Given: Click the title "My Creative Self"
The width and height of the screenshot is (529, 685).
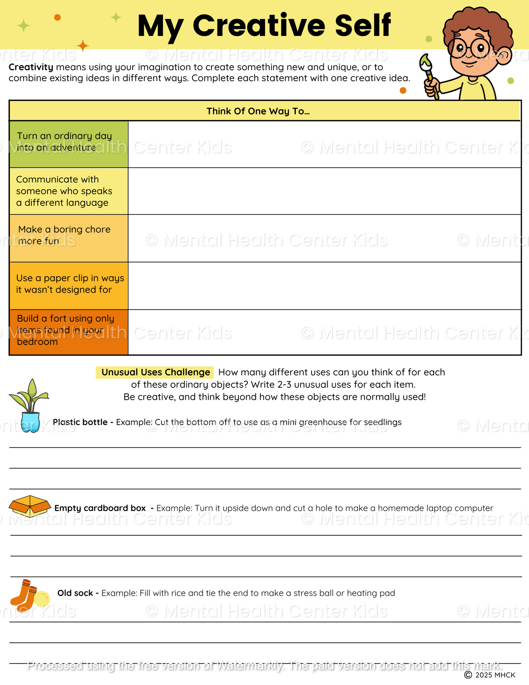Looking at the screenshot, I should pos(264,26).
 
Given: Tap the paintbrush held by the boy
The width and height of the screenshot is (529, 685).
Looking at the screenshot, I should pos(429,75).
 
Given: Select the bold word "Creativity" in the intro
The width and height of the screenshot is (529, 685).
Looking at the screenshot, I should pos(31,67).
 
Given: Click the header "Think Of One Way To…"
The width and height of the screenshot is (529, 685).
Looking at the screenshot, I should pos(258,111).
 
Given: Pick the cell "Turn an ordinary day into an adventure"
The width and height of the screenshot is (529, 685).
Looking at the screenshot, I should pos(68,144).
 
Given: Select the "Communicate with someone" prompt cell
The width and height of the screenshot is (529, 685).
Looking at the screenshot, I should pos(68,191).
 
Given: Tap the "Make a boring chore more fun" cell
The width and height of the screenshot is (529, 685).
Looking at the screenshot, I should pos(68,238).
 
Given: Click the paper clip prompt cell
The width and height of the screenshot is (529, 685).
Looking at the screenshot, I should pos(68,286).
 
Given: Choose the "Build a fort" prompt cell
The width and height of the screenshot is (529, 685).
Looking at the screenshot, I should pos(68,332).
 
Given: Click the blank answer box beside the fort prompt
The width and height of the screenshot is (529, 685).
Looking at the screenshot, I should pos(324,332).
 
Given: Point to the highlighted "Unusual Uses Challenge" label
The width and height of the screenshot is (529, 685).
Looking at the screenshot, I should pos(155,372).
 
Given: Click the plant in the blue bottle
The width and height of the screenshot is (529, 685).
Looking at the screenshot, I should pos(29,406).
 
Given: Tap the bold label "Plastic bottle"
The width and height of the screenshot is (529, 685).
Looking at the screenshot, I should pos(80,422).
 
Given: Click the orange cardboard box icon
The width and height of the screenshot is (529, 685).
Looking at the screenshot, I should pos(29,506).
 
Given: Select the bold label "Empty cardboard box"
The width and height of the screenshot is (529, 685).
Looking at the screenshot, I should pos(100,508).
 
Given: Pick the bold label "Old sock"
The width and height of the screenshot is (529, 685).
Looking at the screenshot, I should pos(75,593).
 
